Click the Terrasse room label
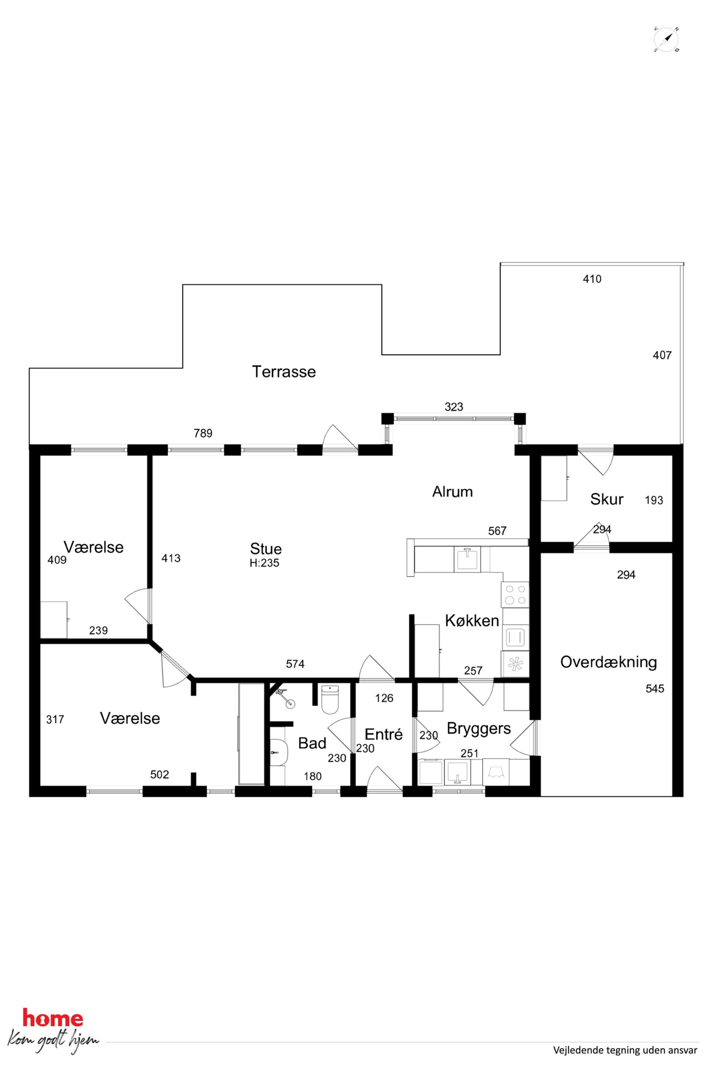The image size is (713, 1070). [x=284, y=372]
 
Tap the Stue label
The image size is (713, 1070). [x=266, y=549]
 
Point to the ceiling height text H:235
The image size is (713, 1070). [x=264, y=563]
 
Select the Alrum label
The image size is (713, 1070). [x=452, y=492]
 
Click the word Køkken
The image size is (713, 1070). [x=472, y=621]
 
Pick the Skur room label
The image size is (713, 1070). [x=607, y=499]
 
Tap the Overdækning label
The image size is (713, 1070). [x=608, y=662]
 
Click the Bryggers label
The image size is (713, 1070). [x=479, y=728]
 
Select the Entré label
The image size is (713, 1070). [x=384, y=734]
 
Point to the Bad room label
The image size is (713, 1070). [x=312, y=743]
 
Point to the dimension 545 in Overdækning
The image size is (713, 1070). [x=655, y=689]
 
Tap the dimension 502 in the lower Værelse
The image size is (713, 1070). [x=160, y=774]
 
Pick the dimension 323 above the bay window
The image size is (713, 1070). [x=454, y=407]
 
